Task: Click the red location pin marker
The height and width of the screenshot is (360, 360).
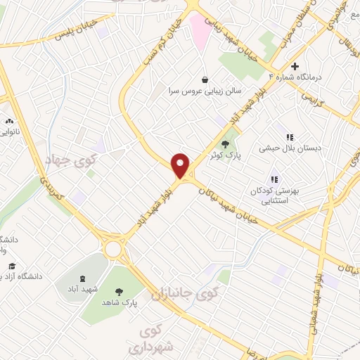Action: point(181,165)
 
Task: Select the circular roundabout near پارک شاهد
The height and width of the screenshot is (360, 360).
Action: point(112,247)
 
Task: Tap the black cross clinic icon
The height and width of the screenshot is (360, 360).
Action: point(304,65)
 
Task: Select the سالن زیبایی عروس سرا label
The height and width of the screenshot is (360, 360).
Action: point(204,91)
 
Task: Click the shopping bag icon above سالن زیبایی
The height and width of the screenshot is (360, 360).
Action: point(204,79)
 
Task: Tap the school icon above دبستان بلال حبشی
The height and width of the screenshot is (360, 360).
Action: point(288,138)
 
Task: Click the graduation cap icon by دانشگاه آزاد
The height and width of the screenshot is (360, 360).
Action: point(12,266)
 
